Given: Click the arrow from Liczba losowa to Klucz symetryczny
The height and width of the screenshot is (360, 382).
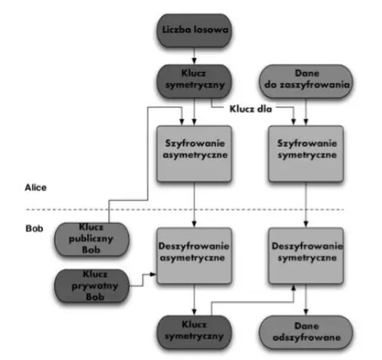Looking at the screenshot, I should [194, 55].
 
